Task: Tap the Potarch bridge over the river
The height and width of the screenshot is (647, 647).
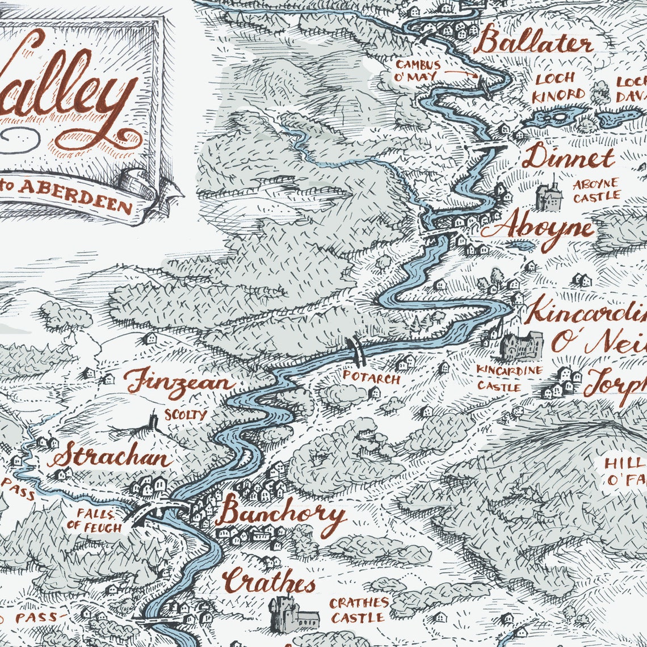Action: [x=356, y=351]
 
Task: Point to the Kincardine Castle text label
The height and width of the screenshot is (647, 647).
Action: [x=509, y=379]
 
